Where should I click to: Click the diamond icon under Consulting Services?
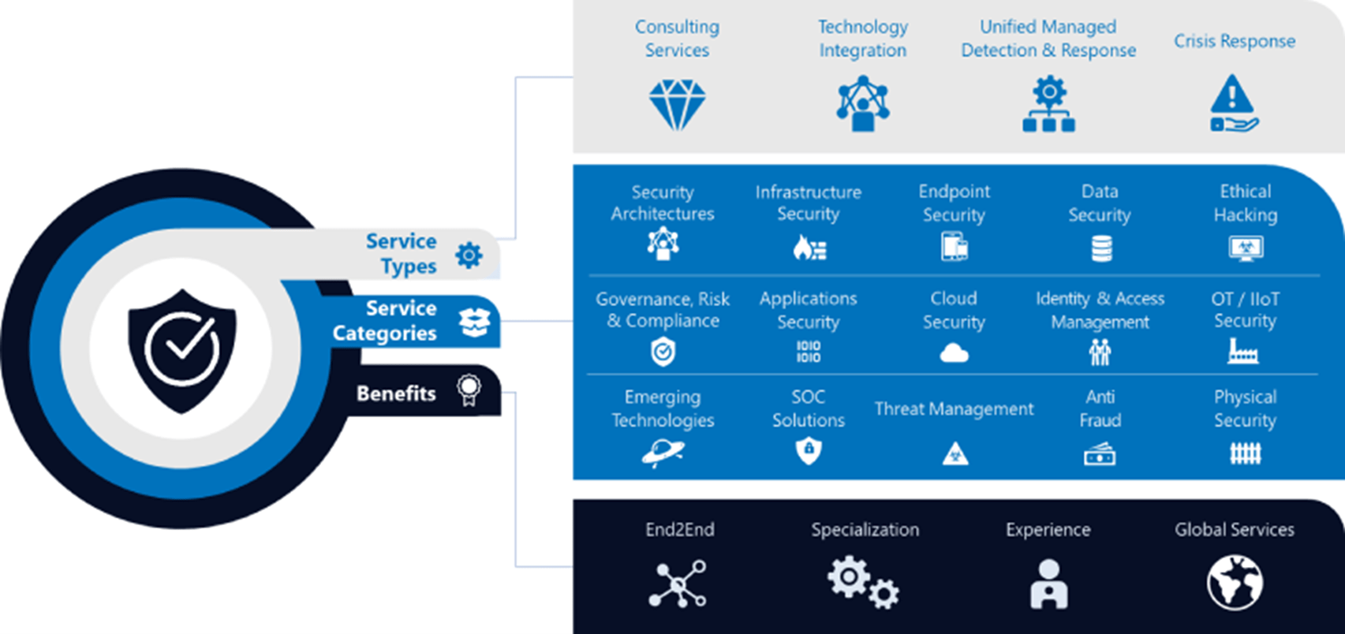click(677, 104)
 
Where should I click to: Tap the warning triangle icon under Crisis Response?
click(1233, 103)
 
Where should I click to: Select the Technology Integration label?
click(862, 39)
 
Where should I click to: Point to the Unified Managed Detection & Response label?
click(1048, 39)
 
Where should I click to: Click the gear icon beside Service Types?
click(469, 255)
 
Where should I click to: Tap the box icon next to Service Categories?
click(474, 321)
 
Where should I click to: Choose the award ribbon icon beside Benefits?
click(469, 390)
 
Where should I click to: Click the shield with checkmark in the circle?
click(182, 349)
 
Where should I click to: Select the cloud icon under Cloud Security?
click(954, 353)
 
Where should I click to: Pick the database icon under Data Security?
click(1101, 248)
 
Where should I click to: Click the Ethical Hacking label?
click(1246, 203)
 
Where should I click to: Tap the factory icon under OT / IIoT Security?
click(1243, 351)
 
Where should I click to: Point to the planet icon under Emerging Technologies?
click(663, 453)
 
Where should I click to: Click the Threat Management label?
click(954, 408)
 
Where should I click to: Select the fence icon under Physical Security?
click(1246, 453)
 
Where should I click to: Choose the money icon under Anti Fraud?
click(1100, 454)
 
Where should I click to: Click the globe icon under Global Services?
click(1235, 584)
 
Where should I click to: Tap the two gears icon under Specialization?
click(863, 583)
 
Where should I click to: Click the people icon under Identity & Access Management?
click(1100, 352)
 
